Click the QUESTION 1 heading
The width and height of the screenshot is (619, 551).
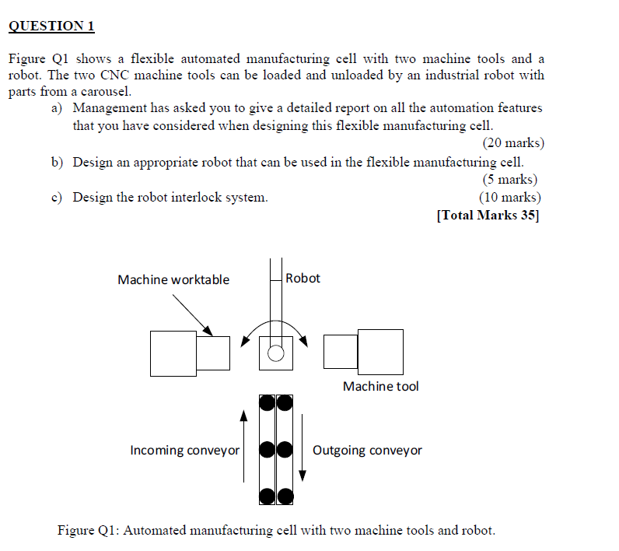coord(51,26)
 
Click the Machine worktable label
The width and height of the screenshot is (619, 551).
coord(173,280)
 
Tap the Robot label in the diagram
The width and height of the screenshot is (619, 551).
coord(303,278)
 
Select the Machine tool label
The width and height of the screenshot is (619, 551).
coord(380,386)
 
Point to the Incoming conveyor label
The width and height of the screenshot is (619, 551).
coord(185,450)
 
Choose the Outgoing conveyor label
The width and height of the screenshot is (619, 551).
coord(367,450)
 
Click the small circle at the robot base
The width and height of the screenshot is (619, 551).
coord(275,354)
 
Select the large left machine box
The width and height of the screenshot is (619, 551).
coord(173,353)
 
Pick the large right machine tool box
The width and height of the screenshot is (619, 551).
coord(380,352)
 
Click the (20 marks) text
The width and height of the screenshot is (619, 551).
coord(513,143)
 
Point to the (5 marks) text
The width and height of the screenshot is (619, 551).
coord(510,180)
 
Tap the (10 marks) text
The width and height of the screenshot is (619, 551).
coord(510,198)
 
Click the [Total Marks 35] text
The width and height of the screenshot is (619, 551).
coord(488,216)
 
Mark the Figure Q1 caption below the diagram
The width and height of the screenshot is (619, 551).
coord(276,531)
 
